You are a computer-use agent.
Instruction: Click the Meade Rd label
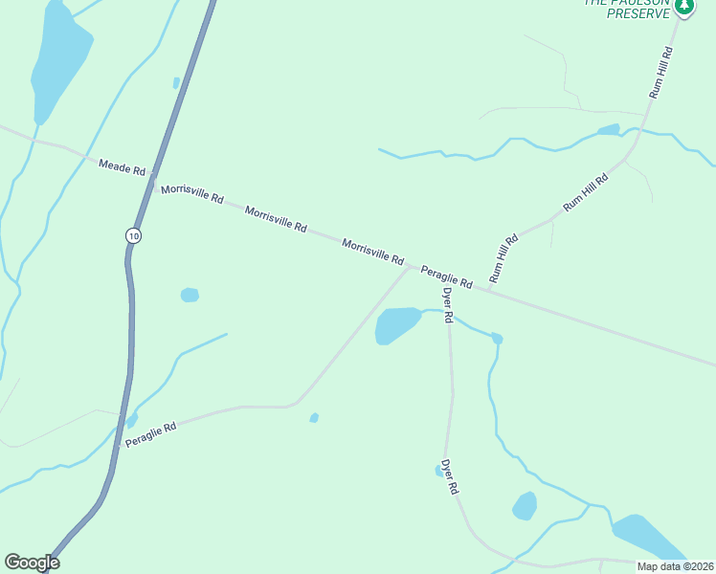tap(122, 167)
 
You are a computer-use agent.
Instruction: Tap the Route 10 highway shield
tap(133, 235)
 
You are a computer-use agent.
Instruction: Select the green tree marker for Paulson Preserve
tap(683, 8)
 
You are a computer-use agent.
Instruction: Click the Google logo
tap(32, 563)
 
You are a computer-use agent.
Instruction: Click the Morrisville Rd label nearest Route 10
tap(191, 194)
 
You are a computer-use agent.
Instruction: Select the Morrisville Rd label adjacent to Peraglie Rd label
tap(373, 252)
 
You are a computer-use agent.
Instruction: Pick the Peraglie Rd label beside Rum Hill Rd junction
tap(447, 278)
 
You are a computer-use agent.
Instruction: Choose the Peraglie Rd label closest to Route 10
tap(151, 435)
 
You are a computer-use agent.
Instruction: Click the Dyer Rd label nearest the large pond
tap(447, 305)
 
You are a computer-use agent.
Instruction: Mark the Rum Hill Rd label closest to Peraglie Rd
tap(503, 258)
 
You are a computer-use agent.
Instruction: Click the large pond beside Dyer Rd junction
tap(396, 323)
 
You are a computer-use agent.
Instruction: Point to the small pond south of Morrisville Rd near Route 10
tap(190, 295)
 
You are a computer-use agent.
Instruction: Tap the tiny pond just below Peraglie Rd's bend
tap(314, 417)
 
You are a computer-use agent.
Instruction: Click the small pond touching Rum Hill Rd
tap(609, 129)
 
